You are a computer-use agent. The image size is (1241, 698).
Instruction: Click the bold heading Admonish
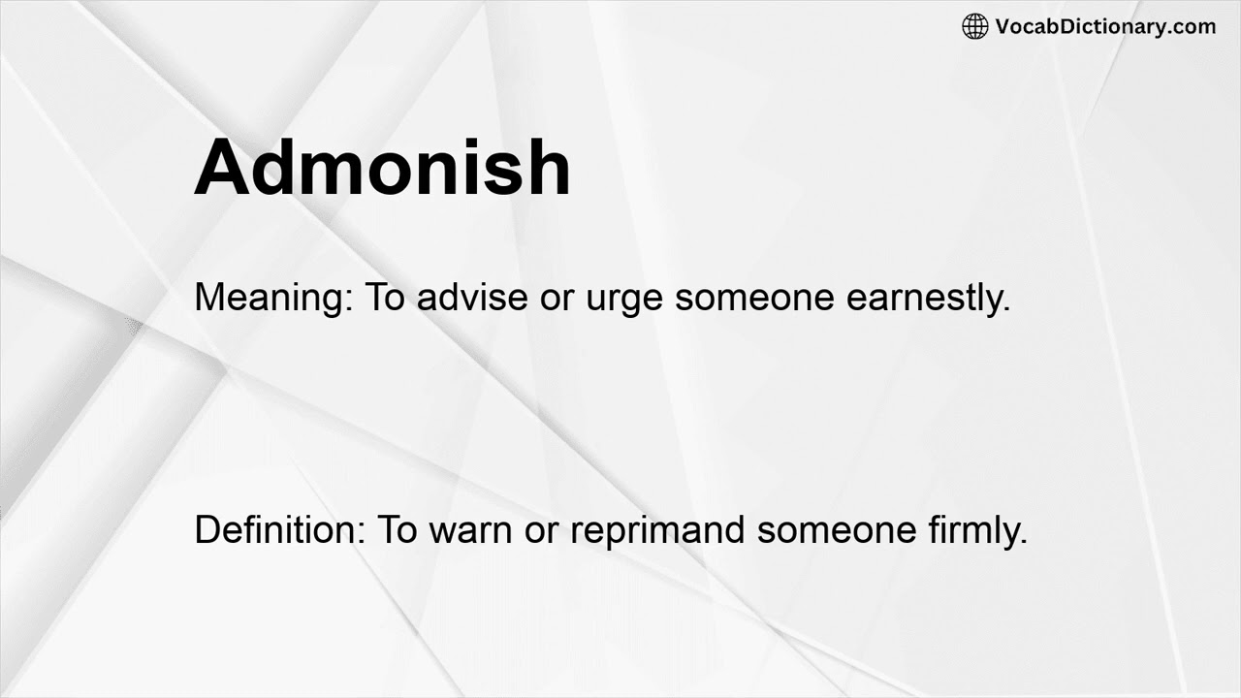(383, 167)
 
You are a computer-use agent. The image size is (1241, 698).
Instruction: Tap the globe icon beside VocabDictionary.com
(974, 26)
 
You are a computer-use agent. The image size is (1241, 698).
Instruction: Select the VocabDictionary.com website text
(1105, 26)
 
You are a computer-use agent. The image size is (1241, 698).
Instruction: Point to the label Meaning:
(274, 297)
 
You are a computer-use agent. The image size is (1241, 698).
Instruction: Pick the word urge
(624, 299)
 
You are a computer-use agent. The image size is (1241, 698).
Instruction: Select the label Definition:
(280, 529)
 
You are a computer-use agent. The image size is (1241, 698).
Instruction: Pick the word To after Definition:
(396, 529)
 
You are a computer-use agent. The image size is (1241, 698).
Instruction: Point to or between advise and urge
(557, 299)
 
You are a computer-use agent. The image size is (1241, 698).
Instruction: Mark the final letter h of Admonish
(548, 167)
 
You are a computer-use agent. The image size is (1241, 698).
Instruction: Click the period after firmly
(1023, 540)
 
